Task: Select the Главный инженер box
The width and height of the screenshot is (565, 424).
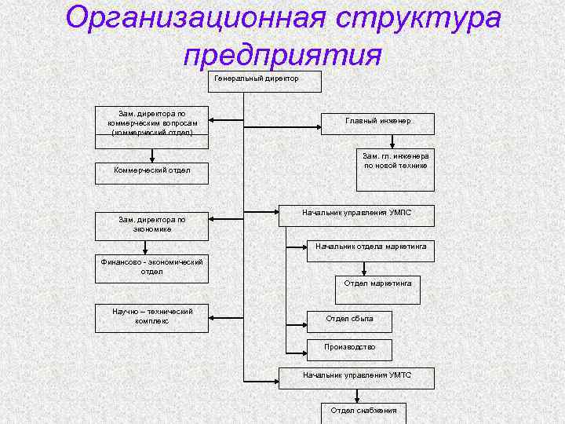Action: [x=378, y=122]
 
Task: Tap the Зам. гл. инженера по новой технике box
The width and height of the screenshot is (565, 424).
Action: [x=395, y=169]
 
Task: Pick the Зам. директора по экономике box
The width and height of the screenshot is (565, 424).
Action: [x=151, y=225]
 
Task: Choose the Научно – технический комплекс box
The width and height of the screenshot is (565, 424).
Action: [x=151, y=316]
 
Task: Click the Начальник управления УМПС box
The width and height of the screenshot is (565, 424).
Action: [x=356, y=215]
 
